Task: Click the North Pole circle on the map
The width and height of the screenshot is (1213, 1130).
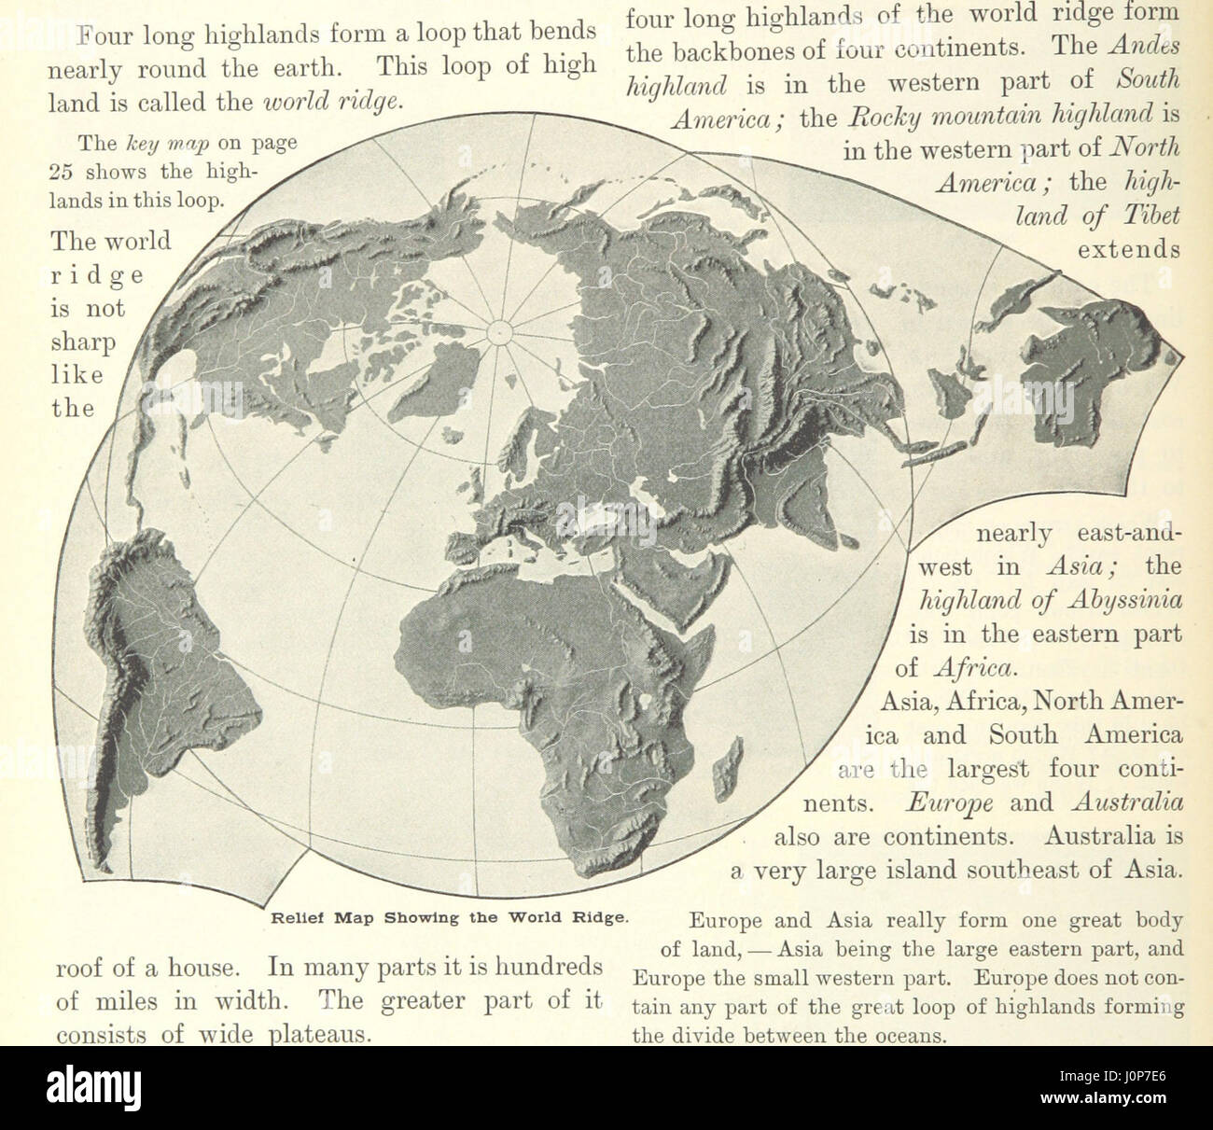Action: click(499, 330)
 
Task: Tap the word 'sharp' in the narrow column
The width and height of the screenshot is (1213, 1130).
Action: click(82, 342)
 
